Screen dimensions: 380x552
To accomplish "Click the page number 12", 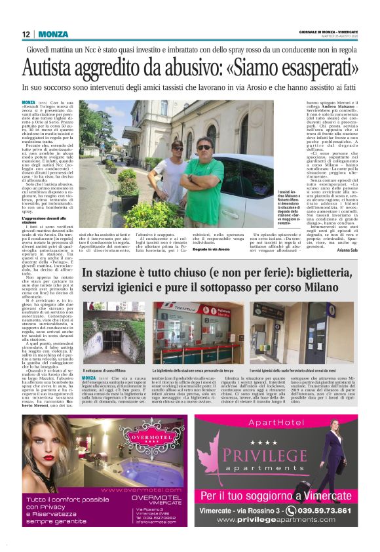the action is (26, 34).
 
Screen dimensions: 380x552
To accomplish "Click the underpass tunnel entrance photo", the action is (115, 331).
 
